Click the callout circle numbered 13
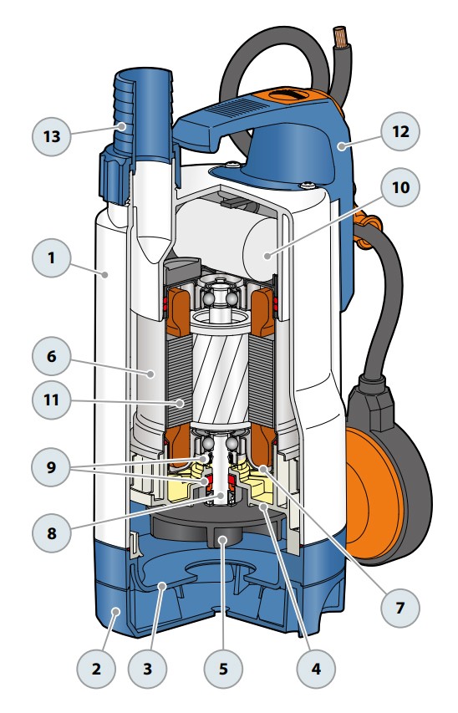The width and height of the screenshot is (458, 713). [x=52, y=136]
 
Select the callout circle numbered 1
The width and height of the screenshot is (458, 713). [x=51, y=257]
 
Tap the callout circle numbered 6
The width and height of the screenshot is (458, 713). [x=51, y=356]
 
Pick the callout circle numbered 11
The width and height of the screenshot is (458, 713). [x=51, y=400]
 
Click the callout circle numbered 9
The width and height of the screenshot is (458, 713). [x=51, y=467]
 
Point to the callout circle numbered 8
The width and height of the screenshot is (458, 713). [x=51, y=532]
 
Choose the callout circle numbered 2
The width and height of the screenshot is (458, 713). [x=96, y=669]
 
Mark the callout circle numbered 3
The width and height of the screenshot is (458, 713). [x=147, y=669]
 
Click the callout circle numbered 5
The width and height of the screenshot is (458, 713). [x=223, y=669]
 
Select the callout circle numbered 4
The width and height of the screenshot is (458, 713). [x=316, y=669]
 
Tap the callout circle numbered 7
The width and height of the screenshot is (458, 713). [x=400, y=608]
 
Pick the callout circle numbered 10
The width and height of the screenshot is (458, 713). [x=400, y=187]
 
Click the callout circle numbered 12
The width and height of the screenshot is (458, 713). [x=400, y=131]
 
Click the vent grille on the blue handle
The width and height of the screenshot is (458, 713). [x=237, y=108]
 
